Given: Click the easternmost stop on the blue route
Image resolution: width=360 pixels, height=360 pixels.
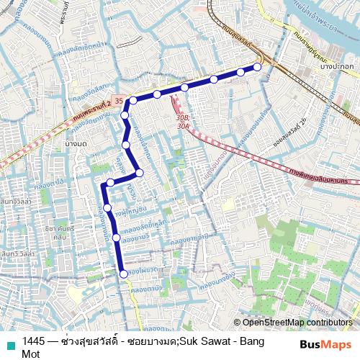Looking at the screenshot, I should (x=257, y=67).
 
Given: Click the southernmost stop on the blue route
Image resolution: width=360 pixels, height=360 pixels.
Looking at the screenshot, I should (x=124, y=274).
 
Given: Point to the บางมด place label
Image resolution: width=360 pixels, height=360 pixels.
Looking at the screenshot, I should (x=76, y=146).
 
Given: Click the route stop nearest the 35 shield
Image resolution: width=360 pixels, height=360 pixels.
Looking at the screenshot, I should (x=133, y=101).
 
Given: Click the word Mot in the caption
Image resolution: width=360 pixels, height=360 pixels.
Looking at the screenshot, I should (x=31, y=354).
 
